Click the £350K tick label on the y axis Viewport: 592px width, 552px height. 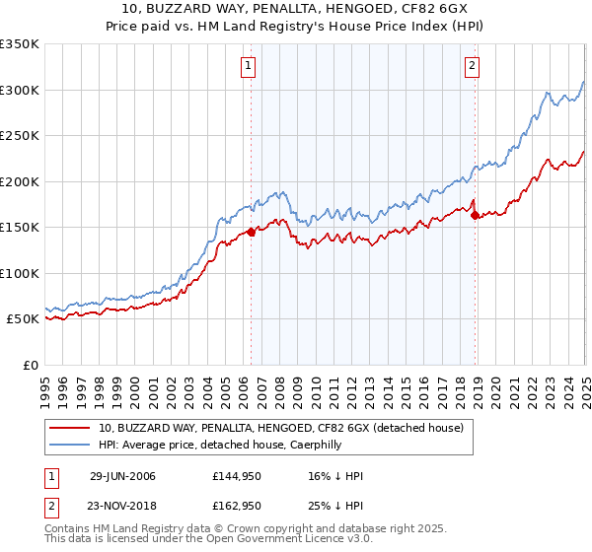tap(20, 44)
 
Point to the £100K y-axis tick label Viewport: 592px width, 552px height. tap(20, 273)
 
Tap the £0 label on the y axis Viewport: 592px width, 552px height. tap(31, 365)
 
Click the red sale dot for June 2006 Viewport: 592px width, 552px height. tap(251, 232)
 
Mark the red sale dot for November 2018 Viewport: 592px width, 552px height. tap(475, 215)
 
